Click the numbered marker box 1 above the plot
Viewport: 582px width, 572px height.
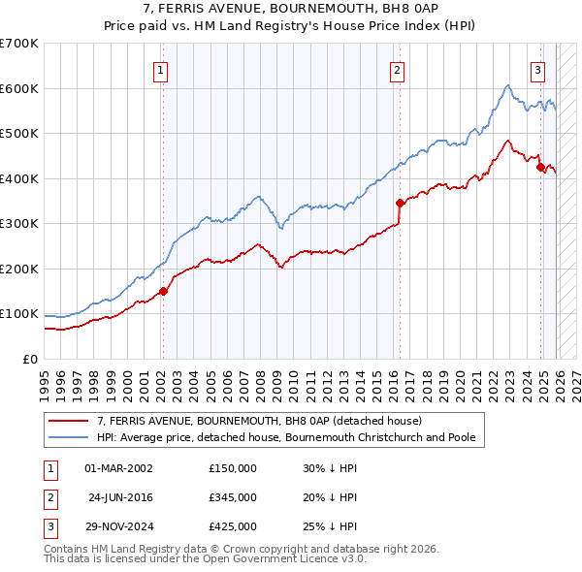tap(161, 69)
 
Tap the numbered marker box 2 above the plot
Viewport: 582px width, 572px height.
tap(398, 69)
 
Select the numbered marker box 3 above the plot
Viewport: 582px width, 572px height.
tap(537, 69)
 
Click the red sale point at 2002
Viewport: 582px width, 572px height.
tap(163, 291)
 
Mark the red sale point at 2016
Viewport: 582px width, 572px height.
tap(399, 203)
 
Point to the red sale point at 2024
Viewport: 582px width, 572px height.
tap(540, 167)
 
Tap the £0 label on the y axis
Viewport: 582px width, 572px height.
tap(29, 359)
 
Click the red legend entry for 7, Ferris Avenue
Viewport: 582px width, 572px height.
tap(258, 421)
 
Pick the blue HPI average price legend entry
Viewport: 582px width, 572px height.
tap(285, 437)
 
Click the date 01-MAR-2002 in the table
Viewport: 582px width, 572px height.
tap(118, 468)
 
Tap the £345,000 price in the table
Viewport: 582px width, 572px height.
tap(232, 497)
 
